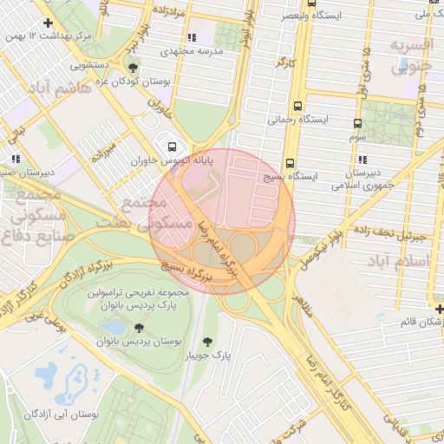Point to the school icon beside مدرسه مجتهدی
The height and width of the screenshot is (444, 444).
[191, 37]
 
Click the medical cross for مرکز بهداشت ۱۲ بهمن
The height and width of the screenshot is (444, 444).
[47, 23]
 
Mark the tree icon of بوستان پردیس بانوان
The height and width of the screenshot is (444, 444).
[139, 327]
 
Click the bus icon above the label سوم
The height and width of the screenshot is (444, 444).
[357, 123]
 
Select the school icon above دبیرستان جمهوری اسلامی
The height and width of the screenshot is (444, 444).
[362, 160]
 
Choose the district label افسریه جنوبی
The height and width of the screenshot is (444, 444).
[410, 55]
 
